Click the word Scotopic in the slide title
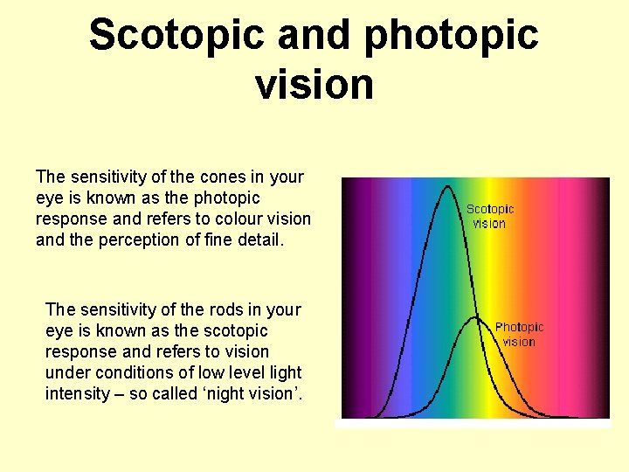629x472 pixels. [x=176, y=35]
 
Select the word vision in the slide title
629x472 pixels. [x=314, y=84]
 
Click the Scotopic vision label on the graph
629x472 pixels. [x=490, y=216]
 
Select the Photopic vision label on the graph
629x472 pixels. [x=519, y=334]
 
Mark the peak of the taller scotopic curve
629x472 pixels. [x=448, y=185]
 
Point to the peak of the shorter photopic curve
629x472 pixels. [x=474, y=317]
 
